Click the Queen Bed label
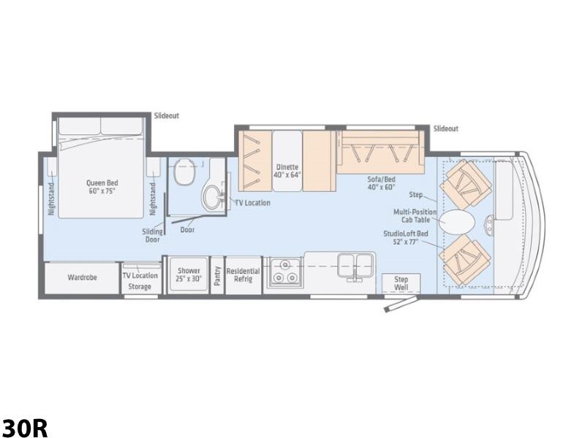tap(102, 187)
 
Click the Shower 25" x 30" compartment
tap(189, 274)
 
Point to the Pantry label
tap(217, 276)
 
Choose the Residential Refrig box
tap(244, 275)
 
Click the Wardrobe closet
tap(82, 278)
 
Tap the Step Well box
tap(401, 283)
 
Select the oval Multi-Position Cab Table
tap(456, 221)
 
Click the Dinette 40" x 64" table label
tap(287, 171)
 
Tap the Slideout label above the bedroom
tap(167, 116)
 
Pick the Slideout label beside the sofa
tap(446, 129)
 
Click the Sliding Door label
tap(152, 235)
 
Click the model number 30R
tap(25, 428)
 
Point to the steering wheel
tap(489, 226)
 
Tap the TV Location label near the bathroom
tap(252, 203)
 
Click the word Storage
tap(140, 287)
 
